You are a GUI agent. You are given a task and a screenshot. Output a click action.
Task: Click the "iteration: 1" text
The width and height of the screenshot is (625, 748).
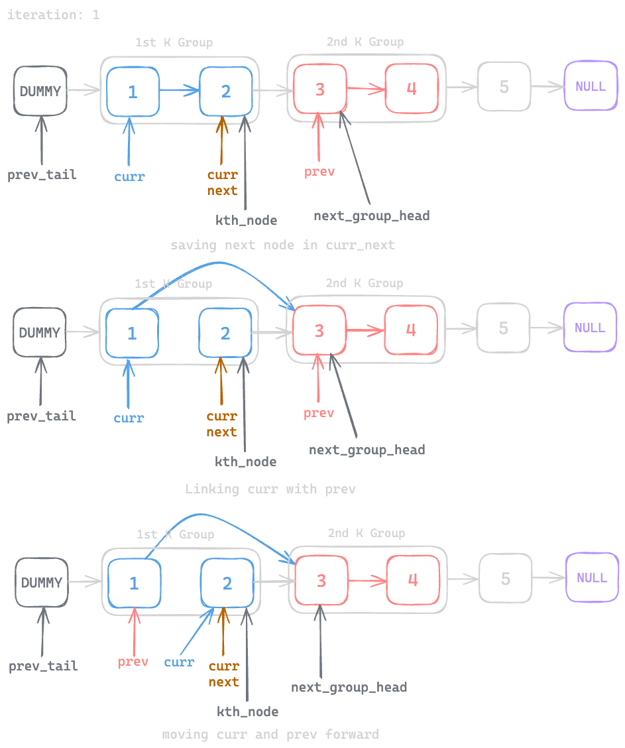pyautogui.click(x=53, y=15)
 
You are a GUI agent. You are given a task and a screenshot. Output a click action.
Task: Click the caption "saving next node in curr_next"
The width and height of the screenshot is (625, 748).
pyautogui.click(x=282, y=245)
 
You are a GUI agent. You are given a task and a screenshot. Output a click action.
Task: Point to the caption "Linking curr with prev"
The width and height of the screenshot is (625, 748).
pyautogui.click(x=270, y=489)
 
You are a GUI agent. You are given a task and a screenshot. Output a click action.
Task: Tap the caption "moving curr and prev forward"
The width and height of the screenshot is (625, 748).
pyautogui.click(x=270, y=735)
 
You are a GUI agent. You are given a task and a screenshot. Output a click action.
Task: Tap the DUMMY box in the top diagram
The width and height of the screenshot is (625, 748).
pyautogui.click(x=40, y=91)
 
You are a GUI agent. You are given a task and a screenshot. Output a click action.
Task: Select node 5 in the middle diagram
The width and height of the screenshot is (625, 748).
pyautogui.click(x=504, y=328)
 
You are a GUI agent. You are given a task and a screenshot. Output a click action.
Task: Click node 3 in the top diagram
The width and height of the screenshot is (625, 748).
pyautogui.click(x=320, y=90)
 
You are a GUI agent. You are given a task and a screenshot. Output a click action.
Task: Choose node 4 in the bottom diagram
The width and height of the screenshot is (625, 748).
pyautogui.click(x=413, y=580)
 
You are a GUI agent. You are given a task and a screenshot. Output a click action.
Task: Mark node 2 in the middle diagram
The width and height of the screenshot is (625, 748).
pyautogui.click(x=225, y=333)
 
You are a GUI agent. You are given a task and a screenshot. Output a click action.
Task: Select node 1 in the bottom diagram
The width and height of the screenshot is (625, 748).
pyautogui.click(x=134, y=584)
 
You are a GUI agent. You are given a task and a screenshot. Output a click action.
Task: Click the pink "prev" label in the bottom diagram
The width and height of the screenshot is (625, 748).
pyautogui.click(x=133, y=662)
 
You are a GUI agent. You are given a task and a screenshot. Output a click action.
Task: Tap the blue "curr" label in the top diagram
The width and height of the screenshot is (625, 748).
pyautogui.click(x=129, y=177)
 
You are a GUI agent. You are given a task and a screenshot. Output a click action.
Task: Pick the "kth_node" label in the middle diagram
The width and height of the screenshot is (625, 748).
pyautogui.click(x=245, y=462)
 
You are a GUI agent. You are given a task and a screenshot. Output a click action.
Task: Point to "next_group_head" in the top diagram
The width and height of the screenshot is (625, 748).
pyautogui.click(x=371, y=216)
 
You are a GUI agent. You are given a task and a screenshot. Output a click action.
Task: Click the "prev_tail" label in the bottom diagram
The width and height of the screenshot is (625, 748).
pyautogui.click(x=43, y=666)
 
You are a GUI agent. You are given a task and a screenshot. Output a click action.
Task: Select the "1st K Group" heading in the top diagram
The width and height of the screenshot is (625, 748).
pyautogui.click(x=174, y=43)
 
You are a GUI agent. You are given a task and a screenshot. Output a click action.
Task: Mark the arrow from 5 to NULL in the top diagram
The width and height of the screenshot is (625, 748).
pyautogui.click(x=547, y=87)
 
